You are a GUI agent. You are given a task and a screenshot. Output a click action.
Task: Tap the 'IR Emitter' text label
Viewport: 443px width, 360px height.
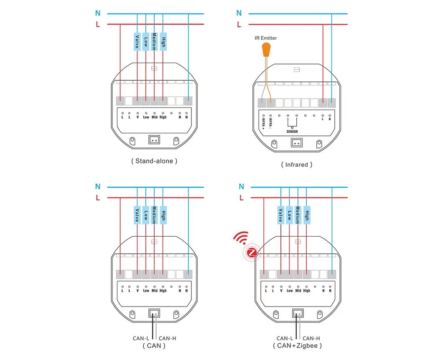click(x=266, y=38)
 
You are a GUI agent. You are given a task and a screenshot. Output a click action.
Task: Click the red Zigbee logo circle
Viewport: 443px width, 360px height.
click(x=252, y=253)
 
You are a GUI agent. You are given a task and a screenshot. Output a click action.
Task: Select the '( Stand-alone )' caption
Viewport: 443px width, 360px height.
click(x=154, y=161)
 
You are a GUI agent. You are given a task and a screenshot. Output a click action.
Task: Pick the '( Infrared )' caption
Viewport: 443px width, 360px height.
click(x=297, y=165)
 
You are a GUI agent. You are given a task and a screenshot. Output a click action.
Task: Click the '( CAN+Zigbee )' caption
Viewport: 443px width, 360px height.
click(x=297, y=346)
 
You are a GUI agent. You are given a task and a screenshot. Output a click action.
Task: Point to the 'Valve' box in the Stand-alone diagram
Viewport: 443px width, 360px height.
click(x=137, y=41)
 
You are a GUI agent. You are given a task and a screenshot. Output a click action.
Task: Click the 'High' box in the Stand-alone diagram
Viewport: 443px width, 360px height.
click(x=163, y=41)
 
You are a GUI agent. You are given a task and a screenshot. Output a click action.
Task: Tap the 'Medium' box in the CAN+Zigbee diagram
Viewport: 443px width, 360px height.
click(x=298, y=215)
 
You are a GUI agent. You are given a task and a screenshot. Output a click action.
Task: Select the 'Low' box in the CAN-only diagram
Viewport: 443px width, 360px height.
click(x=146, y=215)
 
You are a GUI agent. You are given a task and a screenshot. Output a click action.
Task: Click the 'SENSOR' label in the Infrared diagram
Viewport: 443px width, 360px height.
click(x=292, y=131)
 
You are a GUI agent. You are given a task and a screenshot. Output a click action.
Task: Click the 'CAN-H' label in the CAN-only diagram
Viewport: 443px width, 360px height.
click(x=168, y=338)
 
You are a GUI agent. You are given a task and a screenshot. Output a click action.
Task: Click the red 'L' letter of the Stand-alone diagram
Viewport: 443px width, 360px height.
click(x=98, y=25)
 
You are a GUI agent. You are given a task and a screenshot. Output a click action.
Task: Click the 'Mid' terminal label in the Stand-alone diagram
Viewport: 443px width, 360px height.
click(x=155, y=117)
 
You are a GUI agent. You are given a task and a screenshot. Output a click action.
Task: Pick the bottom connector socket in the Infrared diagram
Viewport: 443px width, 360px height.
click(x=296, y=142)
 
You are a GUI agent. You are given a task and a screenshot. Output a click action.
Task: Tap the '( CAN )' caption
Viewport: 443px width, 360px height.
click(x=154, y=346)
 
